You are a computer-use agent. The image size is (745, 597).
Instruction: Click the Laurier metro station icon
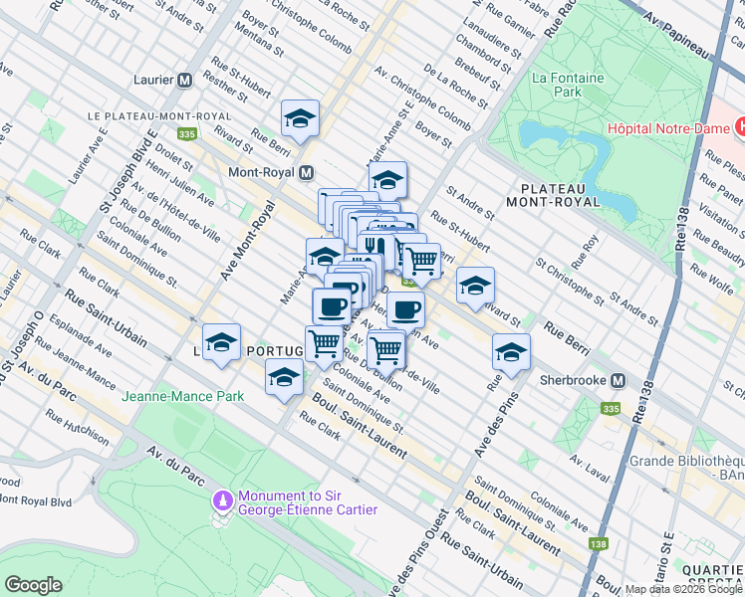point(184,81)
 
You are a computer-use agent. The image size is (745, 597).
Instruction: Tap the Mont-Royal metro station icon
point(308,171)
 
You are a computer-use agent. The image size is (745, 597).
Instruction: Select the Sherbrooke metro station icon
point(619,381)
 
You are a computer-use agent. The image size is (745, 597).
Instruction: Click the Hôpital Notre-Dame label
point(669,129)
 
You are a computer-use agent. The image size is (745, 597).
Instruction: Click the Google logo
point(34,585)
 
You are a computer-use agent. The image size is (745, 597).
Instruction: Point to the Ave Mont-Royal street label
point(248,240)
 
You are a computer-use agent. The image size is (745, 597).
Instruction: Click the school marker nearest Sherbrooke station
point(512,352)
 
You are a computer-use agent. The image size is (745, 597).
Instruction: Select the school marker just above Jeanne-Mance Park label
point(284,377)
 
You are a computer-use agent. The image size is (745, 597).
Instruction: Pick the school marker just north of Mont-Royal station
point(300,118)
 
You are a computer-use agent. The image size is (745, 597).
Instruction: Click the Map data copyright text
point(683,589)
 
